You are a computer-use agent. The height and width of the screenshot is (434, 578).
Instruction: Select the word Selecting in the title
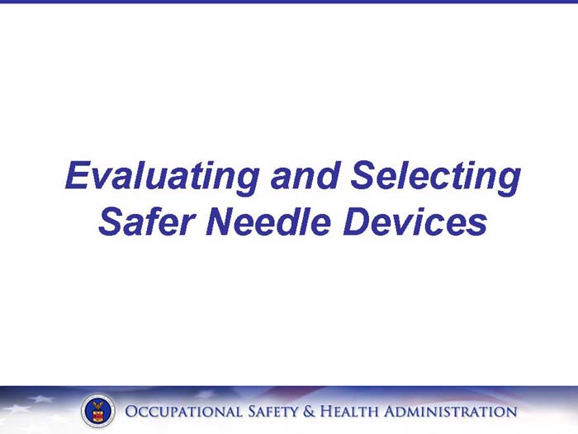pyautogui.click(x=435, y=176)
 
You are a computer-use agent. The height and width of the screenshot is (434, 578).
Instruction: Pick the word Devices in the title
pyautogui.click(x=415, y=221)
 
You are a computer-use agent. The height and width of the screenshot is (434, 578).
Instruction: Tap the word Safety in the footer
pyautogui.click(x=276, y=411)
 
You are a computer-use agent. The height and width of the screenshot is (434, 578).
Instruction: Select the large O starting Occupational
pyautogui.click(x=132, y=411)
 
